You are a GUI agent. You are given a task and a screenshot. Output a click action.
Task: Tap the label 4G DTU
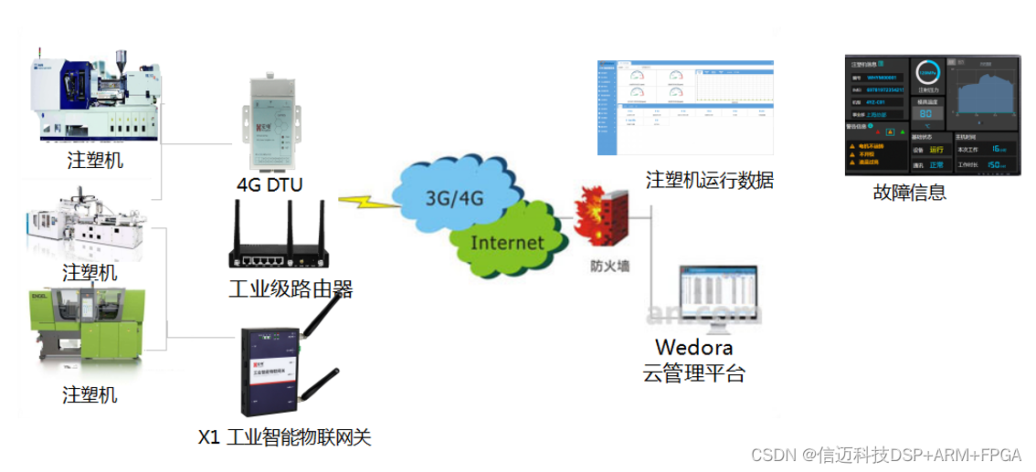(x=270, y=185)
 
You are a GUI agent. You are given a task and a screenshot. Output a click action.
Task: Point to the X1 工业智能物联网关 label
(x=285, y=437)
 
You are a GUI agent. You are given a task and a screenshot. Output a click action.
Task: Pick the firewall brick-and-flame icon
(x=601, y=218)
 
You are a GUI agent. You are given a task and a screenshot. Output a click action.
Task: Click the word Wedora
(x=694, y=348)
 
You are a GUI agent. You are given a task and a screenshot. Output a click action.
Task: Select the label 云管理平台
(x=694, y=373)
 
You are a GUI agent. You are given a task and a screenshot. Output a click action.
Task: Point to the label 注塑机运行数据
(x=710, y=181)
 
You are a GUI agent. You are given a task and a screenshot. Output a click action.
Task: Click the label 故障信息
(x=909, y=193)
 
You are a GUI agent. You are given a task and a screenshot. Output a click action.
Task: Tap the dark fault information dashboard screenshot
(x=931, y=114)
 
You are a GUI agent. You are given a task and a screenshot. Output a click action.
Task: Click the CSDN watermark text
(x=885, y=455)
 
